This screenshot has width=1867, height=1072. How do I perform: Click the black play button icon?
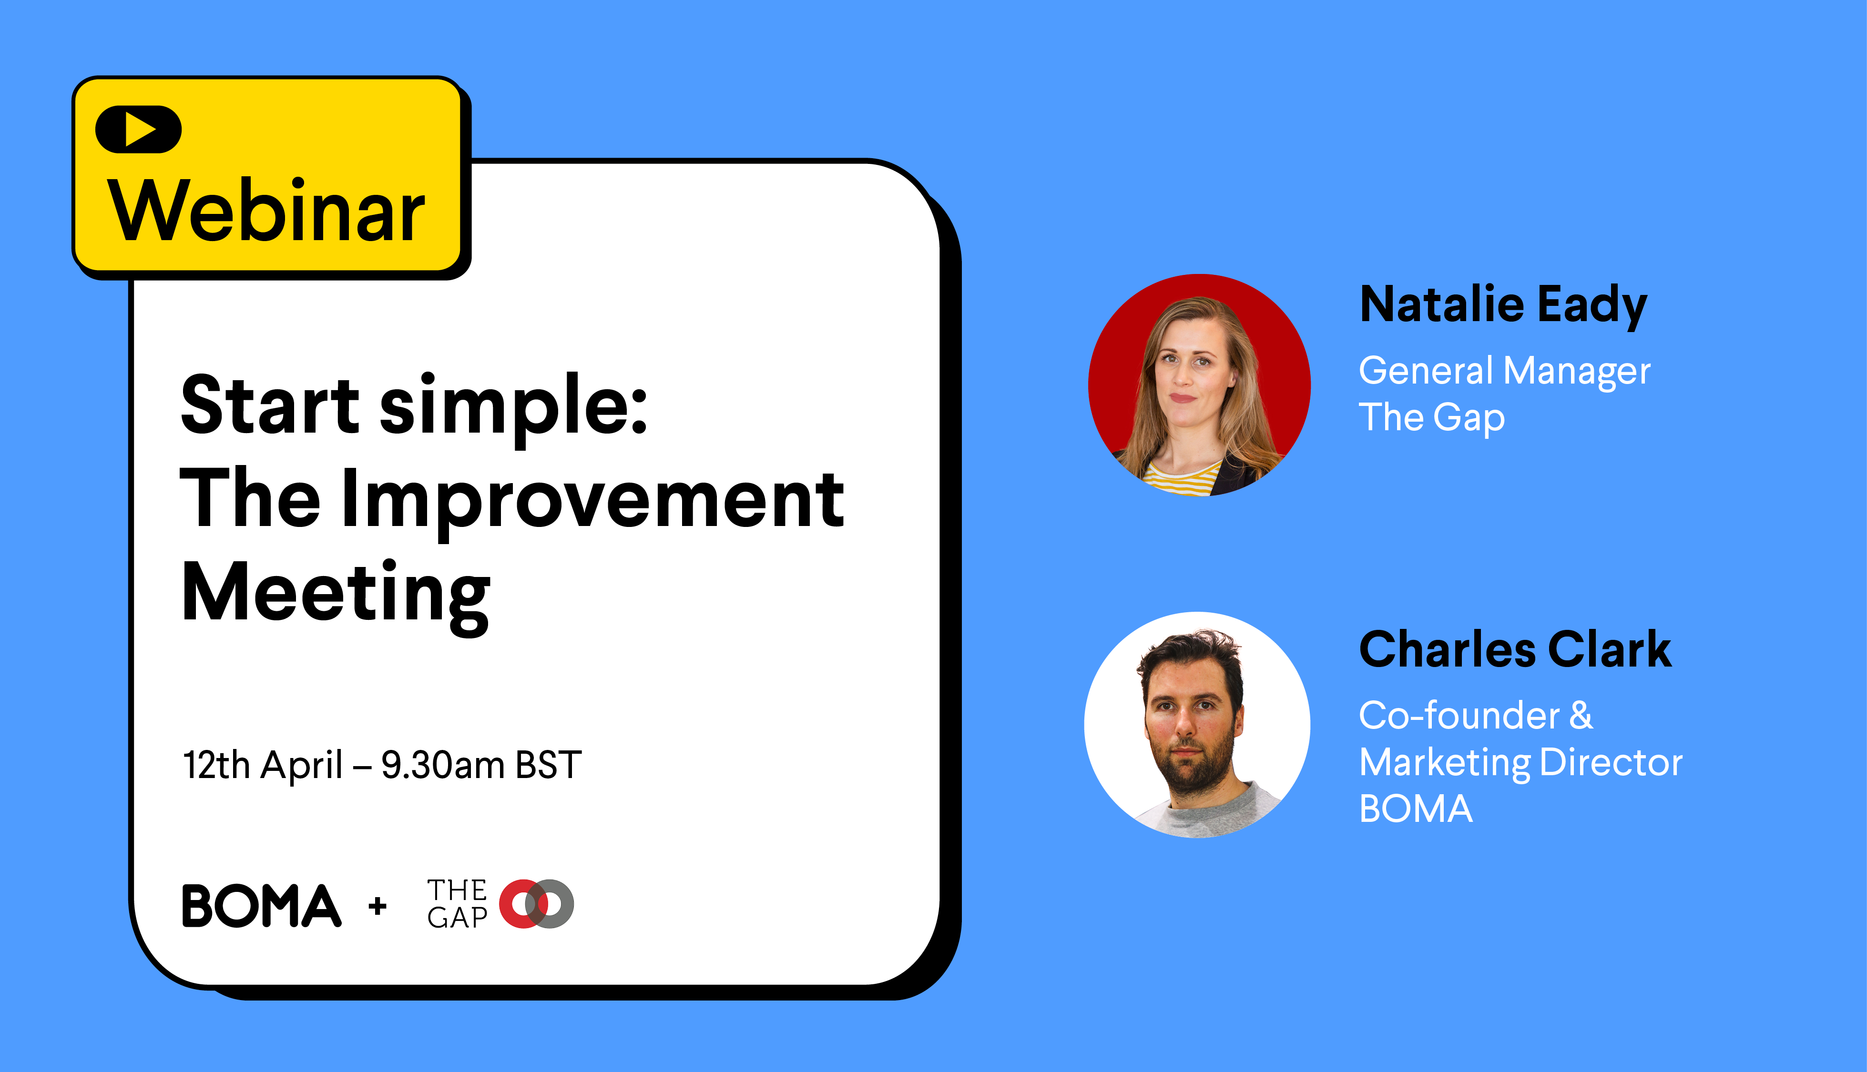point(138,130)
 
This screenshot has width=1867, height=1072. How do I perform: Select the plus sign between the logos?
point(378,906)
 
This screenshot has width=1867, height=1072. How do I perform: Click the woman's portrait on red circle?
point(1199,385)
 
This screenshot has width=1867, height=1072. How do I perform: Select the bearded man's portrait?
point(1197,725)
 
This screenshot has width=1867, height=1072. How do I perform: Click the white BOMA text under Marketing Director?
point(1416,809)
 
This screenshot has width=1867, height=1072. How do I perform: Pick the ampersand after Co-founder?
point(1581,715)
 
